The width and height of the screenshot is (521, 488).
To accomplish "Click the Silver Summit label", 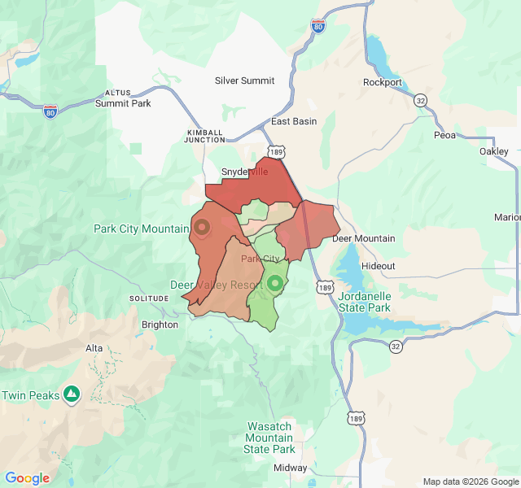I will pyautogui.click(x=244, y=81).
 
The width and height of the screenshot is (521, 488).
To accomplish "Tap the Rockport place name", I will pyautogui.click(x=382, y=82).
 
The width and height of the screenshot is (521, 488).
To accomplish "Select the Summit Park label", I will pyautogui.click(x=123, y=103).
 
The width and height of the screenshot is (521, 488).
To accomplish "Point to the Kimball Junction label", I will pyautogui.click(x=205, y=136).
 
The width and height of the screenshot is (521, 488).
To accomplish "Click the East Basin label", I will pyautogui.click(x=294, y=121).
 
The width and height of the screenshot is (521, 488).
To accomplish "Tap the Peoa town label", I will pyautogui.click(x=445, y=135).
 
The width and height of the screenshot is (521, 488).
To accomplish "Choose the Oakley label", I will pyautogui.click(x=493, y=151).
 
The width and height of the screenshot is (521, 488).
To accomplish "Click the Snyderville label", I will pyautogui.click(x=245, y=172).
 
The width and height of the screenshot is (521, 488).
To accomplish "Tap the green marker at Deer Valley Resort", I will pyautogui.click(x=275, y=283).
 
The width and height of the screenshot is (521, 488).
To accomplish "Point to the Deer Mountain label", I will pyautogui.click(x=363, y=238).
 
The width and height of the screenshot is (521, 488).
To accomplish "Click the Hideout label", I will pyautogui.click(x=378, y=266).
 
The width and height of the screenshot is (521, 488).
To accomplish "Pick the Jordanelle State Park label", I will pyautogui.click(x=364, y=302).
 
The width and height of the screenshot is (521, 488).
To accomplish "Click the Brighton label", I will pyautogui.click(x=160, y=325).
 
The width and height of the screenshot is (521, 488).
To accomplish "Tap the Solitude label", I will pyautogui.click(x=147, y=298).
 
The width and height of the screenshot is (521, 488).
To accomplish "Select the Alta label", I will pyautogui.click(x=94, y=348).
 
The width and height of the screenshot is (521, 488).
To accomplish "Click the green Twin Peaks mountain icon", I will pyautogui.click(x=72, y=394).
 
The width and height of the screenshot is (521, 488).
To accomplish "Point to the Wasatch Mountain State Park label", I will pyautogui.click(x=269, y=438).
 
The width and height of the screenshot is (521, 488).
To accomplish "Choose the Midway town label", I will pyautogui.click(x=290, y=468).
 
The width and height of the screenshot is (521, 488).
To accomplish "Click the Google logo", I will pyautogui.click(x=28, y=478).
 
